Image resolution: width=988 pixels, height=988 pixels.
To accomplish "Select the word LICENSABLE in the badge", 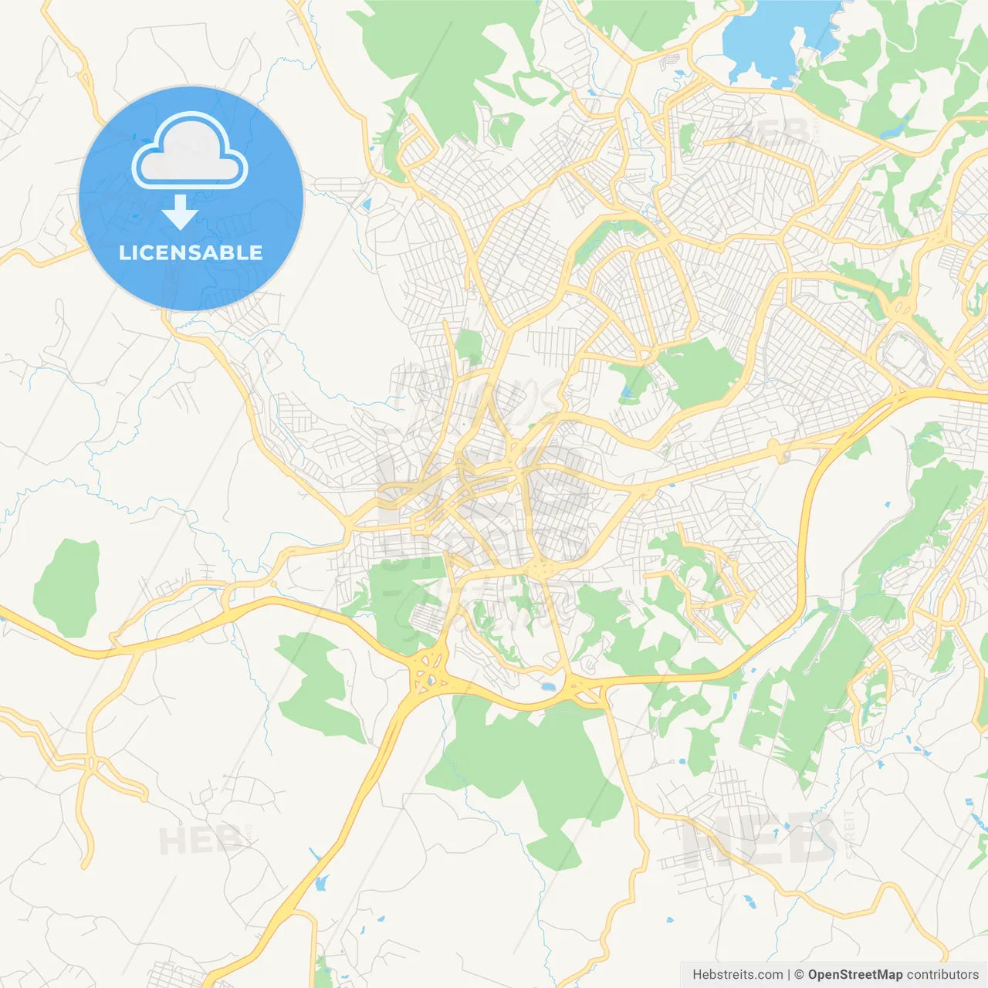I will tap(191, 253).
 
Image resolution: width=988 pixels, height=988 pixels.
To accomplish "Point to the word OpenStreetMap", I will tap(855, 975).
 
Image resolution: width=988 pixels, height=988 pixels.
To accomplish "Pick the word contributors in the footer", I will tap(942, 975).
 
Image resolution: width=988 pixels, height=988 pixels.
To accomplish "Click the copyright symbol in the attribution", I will tap(800, 975).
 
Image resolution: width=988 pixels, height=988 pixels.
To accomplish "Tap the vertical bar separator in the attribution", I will tap(789, 975).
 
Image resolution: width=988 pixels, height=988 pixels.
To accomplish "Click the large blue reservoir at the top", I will tap(780, 39).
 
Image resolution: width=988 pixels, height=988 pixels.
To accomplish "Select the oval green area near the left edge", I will tap(67, 587).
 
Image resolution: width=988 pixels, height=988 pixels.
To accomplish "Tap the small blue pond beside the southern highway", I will tap(548, 685).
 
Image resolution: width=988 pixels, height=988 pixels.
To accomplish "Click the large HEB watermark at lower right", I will tap(760, 840).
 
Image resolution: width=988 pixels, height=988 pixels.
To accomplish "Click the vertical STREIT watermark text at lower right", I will tap(850, 834).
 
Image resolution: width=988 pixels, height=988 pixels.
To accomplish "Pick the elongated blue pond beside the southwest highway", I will tap(322, 881).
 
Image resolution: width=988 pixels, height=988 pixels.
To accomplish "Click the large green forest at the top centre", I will tap(448, 62).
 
